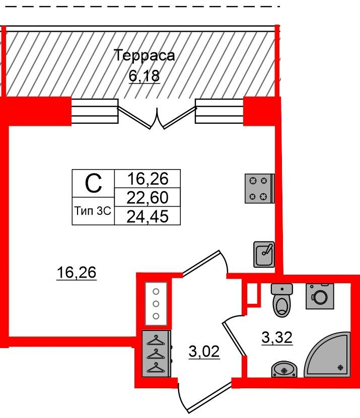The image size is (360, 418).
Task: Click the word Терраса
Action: (144, 56)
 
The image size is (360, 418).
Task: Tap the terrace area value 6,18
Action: (145, 76)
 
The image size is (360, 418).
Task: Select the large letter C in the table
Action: (93, 183)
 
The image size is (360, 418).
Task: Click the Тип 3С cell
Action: (93, 211)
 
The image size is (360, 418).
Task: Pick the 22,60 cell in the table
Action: (148, 197)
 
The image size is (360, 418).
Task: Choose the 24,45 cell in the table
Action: (148, 216)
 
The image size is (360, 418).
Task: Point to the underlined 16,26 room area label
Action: (77, 273)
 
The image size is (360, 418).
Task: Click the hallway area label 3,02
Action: (204, 352)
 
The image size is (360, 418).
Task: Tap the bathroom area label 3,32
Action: (277, 338)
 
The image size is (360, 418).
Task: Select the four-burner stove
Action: (260, 189)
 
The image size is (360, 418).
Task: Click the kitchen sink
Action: (264, 255)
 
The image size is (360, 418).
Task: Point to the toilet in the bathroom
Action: (282, 300)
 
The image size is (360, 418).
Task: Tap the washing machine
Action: (320, 296)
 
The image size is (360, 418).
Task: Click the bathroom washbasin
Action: (284, 370)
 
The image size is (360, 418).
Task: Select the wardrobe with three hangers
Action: (156, 354)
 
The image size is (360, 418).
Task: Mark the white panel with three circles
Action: (156, 304)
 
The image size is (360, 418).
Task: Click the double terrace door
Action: (157, 117)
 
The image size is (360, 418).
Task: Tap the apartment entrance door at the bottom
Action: (205, 398)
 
